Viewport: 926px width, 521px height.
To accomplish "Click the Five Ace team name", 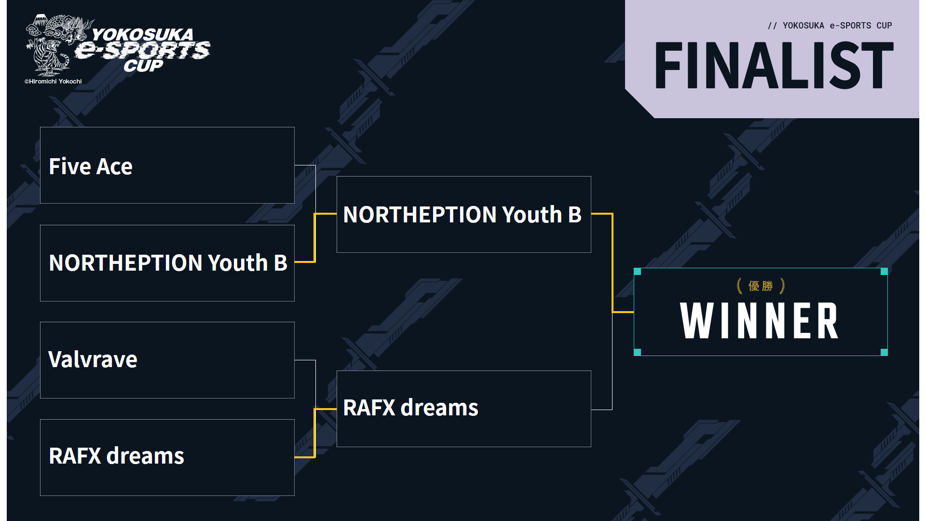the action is tap(91, 166).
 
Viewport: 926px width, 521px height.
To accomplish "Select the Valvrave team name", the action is tap(93, 359).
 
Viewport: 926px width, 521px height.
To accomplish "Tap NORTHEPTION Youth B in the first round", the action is tap(168, 263).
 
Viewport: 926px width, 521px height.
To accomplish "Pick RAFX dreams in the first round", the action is tap(116, 456).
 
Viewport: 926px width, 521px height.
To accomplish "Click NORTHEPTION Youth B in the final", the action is tap(462, 215).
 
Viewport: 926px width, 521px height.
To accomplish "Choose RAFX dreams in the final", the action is tap(410, 408).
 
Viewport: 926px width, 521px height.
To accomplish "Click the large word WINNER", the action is tap(759, 321).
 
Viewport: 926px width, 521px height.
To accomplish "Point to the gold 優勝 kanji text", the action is tap(761, 286).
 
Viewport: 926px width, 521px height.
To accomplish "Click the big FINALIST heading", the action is tap(774, 65).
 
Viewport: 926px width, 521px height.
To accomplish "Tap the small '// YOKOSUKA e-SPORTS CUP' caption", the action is tap(830, 26).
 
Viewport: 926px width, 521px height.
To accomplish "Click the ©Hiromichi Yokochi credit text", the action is tap(53, 82).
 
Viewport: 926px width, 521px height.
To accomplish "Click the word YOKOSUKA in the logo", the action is tap(142, 35).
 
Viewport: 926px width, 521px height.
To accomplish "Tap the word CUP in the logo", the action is tap(143, 66).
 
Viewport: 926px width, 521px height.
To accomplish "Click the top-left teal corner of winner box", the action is tap(637, 272).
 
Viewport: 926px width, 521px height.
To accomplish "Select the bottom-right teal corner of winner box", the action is tap(884, 352).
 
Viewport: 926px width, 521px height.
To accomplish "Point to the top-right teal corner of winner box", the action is tap(884, 272).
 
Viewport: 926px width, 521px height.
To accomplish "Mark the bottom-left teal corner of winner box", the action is tap(637, 352).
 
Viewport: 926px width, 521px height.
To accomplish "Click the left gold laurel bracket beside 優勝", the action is tap(739, 286).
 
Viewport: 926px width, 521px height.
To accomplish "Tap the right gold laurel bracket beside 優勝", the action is tap(782, 286).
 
